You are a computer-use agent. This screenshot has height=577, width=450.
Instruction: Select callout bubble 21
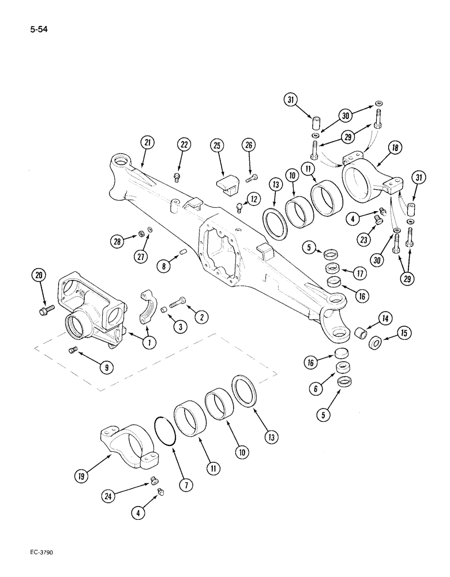tap(147, 143)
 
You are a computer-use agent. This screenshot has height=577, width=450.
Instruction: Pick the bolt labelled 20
tap(46, 312)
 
